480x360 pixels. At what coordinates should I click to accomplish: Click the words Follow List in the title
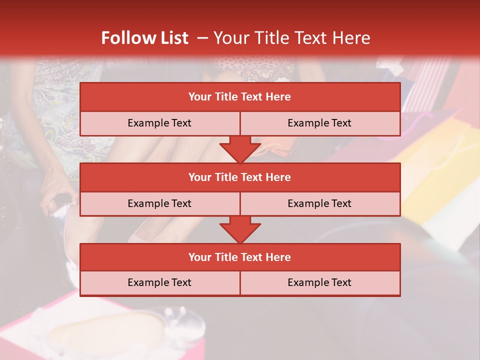point(144,38)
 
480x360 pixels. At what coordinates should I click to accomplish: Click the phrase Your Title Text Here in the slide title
point(291,38)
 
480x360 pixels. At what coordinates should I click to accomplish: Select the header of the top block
point(240,97)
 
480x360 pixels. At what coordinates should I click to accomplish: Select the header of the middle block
point(240,177)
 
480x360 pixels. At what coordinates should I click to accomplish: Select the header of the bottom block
point(240,257)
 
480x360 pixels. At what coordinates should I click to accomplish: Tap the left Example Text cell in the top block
point(159,123)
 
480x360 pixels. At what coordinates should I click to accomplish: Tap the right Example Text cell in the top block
point(319,123)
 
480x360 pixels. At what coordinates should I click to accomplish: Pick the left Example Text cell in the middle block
point(159,203)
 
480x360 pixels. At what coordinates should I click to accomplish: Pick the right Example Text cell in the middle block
point(319,203)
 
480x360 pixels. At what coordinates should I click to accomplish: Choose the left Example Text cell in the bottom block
point(159,282)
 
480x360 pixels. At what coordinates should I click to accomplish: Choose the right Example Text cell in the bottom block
point(319,282)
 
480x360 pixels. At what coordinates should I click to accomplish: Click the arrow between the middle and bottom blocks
point(240,229)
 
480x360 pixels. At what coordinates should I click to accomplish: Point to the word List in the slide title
point(171,38)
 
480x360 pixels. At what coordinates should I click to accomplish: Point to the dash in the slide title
point(202,38)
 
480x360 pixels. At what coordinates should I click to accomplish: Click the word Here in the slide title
point(352,38)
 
